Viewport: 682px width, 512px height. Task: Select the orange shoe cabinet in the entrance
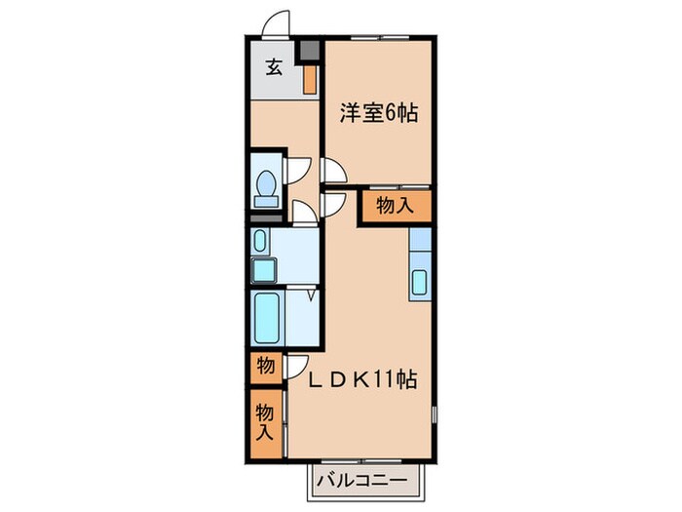coord(309,78)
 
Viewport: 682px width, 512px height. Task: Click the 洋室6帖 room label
coord(379,113)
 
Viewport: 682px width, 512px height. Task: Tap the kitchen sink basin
coord(419,281)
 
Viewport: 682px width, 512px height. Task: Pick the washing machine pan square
coord(264,268)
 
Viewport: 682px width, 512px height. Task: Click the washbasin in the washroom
coord(259,240)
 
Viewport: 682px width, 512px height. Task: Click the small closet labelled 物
coord(265,368)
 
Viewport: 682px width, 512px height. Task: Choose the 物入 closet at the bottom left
coord(264,420)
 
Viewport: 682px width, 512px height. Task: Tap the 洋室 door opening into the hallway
coord(333,172)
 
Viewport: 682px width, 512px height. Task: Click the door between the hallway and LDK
coord(333,203)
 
